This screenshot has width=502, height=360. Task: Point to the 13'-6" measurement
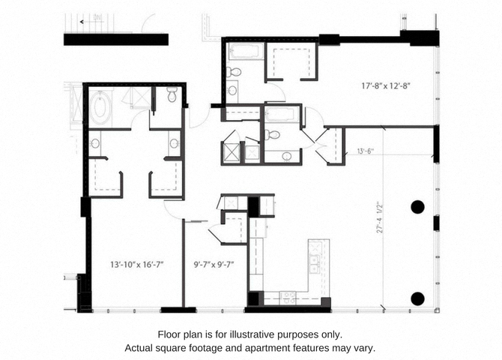coord(365,151)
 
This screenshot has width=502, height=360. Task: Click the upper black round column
coord(418,206)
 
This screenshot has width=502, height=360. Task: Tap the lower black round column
coord(418,298)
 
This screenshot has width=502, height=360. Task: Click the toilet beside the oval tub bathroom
coord(172,95)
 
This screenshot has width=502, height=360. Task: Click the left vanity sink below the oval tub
coord(95,143)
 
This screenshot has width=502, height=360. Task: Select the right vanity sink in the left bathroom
coord(174,143)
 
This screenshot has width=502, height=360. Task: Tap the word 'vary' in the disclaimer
coord(360,348)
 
